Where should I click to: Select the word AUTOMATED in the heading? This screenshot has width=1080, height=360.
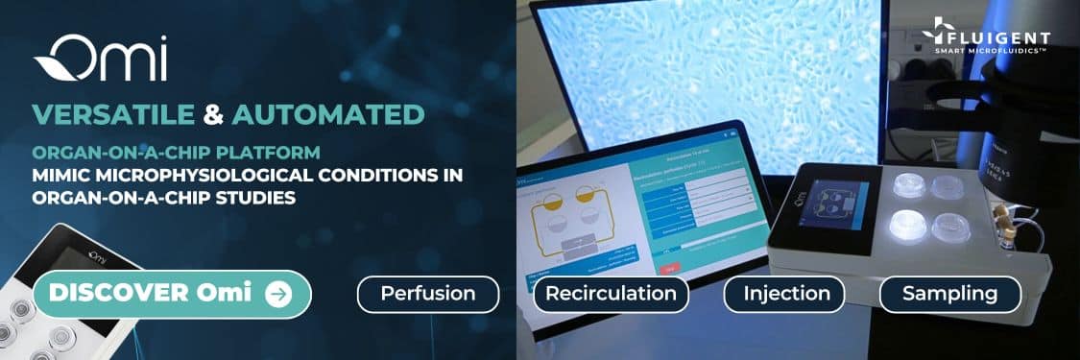327,115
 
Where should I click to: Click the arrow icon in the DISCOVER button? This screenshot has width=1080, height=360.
278,294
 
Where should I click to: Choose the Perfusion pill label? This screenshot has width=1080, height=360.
427,294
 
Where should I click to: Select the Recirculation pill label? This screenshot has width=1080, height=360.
612,294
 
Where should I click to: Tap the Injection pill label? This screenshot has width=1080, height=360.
786,294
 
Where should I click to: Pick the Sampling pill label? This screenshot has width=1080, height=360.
949,294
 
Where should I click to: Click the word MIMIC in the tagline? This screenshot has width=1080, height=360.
63,176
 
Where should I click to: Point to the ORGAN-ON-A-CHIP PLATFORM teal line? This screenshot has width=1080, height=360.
176,153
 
